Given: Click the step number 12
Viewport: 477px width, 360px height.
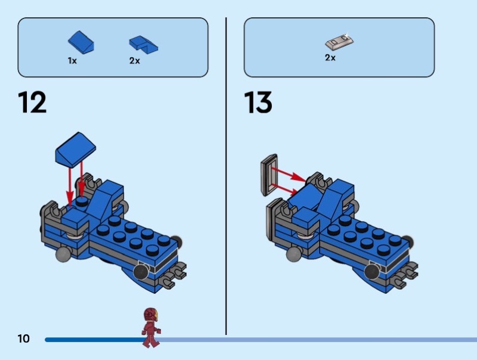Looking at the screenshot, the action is point(32,102).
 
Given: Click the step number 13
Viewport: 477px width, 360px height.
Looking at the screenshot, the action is point(258,103).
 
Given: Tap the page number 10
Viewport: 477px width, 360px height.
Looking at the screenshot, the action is point(24,339).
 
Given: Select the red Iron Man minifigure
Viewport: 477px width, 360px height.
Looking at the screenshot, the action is point(151,327).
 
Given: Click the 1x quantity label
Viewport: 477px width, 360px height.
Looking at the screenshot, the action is point(72,61).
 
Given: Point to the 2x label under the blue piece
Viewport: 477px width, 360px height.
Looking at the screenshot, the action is point(135,61).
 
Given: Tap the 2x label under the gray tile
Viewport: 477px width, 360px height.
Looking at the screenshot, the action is point(330,57).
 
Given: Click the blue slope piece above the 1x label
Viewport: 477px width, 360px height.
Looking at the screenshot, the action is point(81,42).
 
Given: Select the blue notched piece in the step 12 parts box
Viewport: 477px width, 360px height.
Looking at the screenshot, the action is point(144,45).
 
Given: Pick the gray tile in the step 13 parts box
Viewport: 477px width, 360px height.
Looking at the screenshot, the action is point(340,41).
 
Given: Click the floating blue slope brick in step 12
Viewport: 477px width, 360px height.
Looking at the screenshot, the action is point(76,149).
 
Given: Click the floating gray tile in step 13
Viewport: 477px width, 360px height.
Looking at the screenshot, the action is point(269,175).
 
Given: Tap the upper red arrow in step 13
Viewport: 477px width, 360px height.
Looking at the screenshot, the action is point(289,174).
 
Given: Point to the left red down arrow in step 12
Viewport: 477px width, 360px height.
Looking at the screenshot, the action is point(70,187).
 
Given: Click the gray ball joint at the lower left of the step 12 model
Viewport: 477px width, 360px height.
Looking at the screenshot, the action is point(63,254).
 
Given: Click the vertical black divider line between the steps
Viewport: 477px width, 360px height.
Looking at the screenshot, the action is point(226,176).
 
